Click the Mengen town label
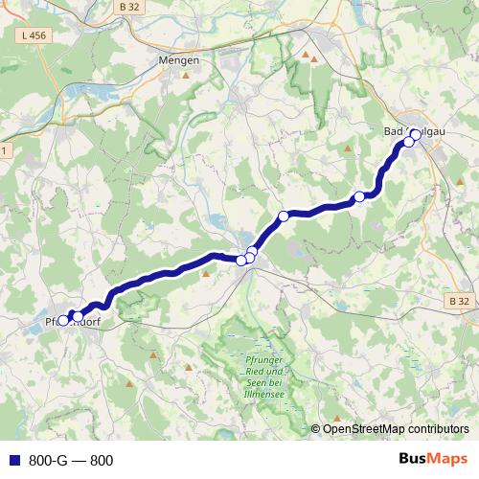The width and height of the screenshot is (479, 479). (x=178, y=59)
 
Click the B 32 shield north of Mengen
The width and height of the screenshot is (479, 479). (x=131, y=7)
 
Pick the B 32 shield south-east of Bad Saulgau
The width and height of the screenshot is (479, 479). (x=459, y=301)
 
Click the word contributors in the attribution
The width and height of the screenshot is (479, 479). (x=437, y=429)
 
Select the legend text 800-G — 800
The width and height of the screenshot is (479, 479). (x=71, y=460)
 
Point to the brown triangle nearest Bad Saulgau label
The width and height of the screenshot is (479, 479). (x=347, y=148)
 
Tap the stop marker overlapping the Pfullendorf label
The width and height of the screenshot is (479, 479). (x=63, y=321)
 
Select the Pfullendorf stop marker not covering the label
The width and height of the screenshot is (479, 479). (x=77, y=315)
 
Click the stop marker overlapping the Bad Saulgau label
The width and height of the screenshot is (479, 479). (x=415, y=134)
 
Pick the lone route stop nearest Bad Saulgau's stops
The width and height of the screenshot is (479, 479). (x=360, y=197)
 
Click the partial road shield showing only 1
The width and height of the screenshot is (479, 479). (x=3, y=150)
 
